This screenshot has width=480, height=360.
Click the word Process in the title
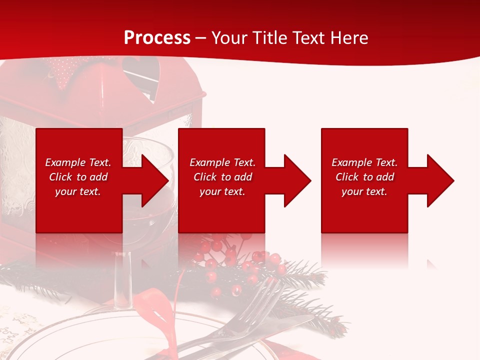coord(157,38)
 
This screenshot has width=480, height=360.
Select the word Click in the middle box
coord(204,177)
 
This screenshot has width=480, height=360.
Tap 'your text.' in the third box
coord(364,191)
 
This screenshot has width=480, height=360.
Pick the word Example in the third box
coord(352,162)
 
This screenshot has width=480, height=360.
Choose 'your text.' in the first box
coord(78,191)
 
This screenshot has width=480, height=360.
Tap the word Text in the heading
coord(310,38)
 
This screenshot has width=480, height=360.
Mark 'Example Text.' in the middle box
coord(222,162)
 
